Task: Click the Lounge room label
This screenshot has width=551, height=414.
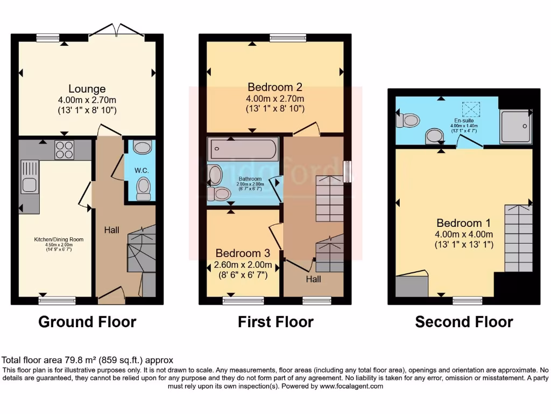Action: pos(87,88)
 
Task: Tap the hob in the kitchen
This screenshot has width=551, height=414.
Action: pos(64,149)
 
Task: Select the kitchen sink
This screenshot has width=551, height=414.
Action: pos(29,185)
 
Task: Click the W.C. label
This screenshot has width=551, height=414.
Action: pos(142,170)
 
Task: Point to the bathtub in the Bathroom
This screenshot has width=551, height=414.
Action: pos(243,148)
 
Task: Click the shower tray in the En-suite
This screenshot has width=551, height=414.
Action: pos(515,127)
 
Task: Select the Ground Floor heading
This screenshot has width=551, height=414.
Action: pos(87,322)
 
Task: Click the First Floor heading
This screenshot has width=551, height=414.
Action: pos(275,322)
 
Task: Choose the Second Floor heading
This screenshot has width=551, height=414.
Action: pos(464,322)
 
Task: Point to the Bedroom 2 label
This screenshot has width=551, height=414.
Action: pos(275,87)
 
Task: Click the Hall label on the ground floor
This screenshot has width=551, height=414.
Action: pos(111,230)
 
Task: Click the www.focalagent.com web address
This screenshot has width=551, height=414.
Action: pos(351,387)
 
